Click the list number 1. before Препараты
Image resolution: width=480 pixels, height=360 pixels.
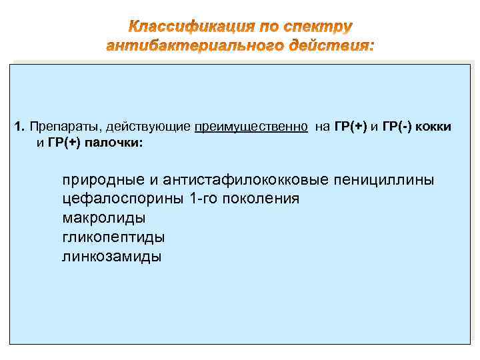pyautogui.click(x=19, y=127)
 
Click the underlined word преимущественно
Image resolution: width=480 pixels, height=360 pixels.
pyautogui.click(x=251, y=127)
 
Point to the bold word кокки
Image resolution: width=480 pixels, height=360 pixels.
pyautogui.click(x=435, y=127)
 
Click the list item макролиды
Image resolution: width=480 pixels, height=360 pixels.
pyautogui.click(x=104, y=218)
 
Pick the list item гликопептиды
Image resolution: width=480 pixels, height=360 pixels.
pyautogui.click(x=113, y=237)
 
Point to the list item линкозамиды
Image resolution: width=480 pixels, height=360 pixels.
pyautogui.click(x=111, y=256)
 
